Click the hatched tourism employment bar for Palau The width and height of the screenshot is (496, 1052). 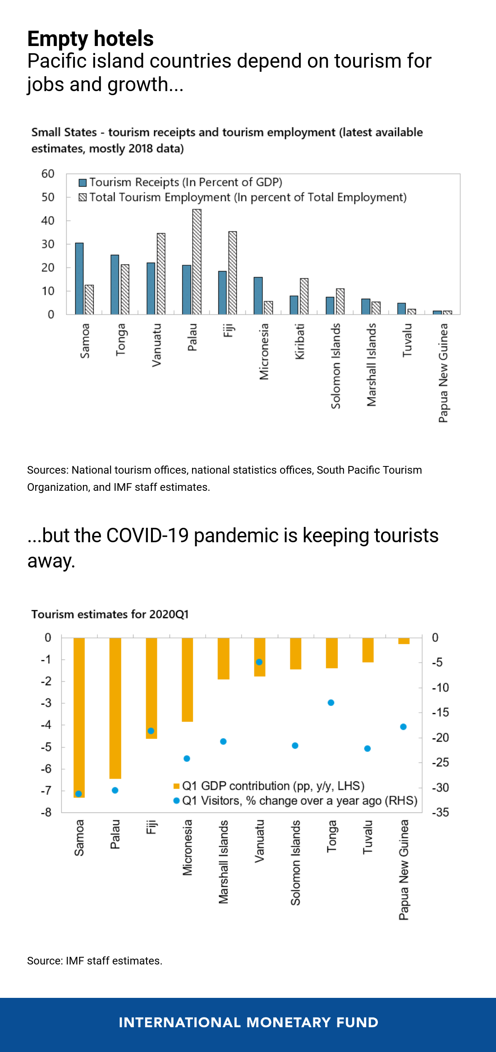pyautogui.click(x=197, y=262)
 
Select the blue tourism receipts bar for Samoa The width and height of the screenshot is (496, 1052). pyautogui.click(x=79, y=279)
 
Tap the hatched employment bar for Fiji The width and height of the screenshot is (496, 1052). pyautogui.click(x=233, y=273)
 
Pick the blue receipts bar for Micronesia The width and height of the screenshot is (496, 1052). pyautogui.click(x=258, y=296)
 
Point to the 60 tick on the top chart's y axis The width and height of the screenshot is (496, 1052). pyautogui.click(x=48, y=174)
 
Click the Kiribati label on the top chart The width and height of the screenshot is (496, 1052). pyautogui.click(x=300, y=341)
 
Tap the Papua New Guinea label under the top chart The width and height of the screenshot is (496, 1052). pyautogui.click(x=444, y=373)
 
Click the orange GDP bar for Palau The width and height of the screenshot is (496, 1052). pyautogui.click(x=115, y=708)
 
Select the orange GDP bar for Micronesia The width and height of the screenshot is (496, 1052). pyautogui.click(x=188, y=680)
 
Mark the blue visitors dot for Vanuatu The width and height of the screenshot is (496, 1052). pyautogui.click(x=259, y=662)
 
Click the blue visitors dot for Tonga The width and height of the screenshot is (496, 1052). pyautogui.click(x=331, y=703)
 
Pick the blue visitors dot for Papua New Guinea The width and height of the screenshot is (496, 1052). pyautogui.click(x=404, y=727)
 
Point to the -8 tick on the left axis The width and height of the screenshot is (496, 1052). pyautogui.click(x=46, y=812)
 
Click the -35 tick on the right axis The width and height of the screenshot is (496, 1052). pyautogui.click(x=441, y=812)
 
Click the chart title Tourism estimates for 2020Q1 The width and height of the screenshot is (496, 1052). pyautogui.click(x=110, y=614)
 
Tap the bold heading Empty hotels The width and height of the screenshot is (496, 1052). pyautogui.click(x=91, y=39)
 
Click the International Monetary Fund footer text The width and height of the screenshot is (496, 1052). pyautogui.click(x=248, y=1023)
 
